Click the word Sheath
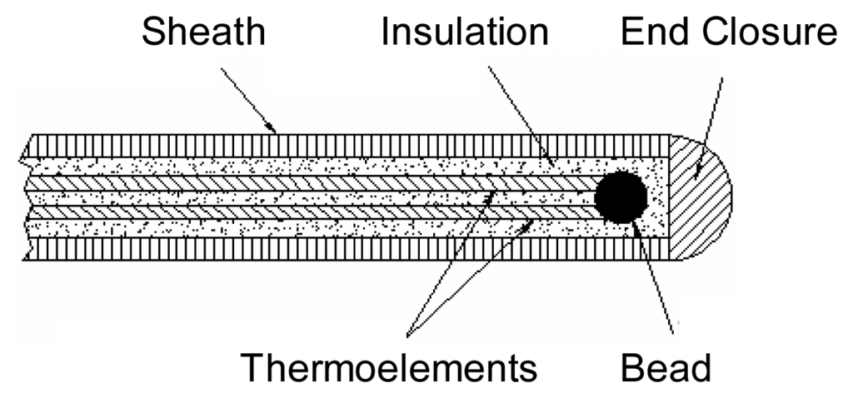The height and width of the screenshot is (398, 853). tap(203, 32)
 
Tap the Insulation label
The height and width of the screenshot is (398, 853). tap(465, 32)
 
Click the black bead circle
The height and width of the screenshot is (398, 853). tap(621, 197)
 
